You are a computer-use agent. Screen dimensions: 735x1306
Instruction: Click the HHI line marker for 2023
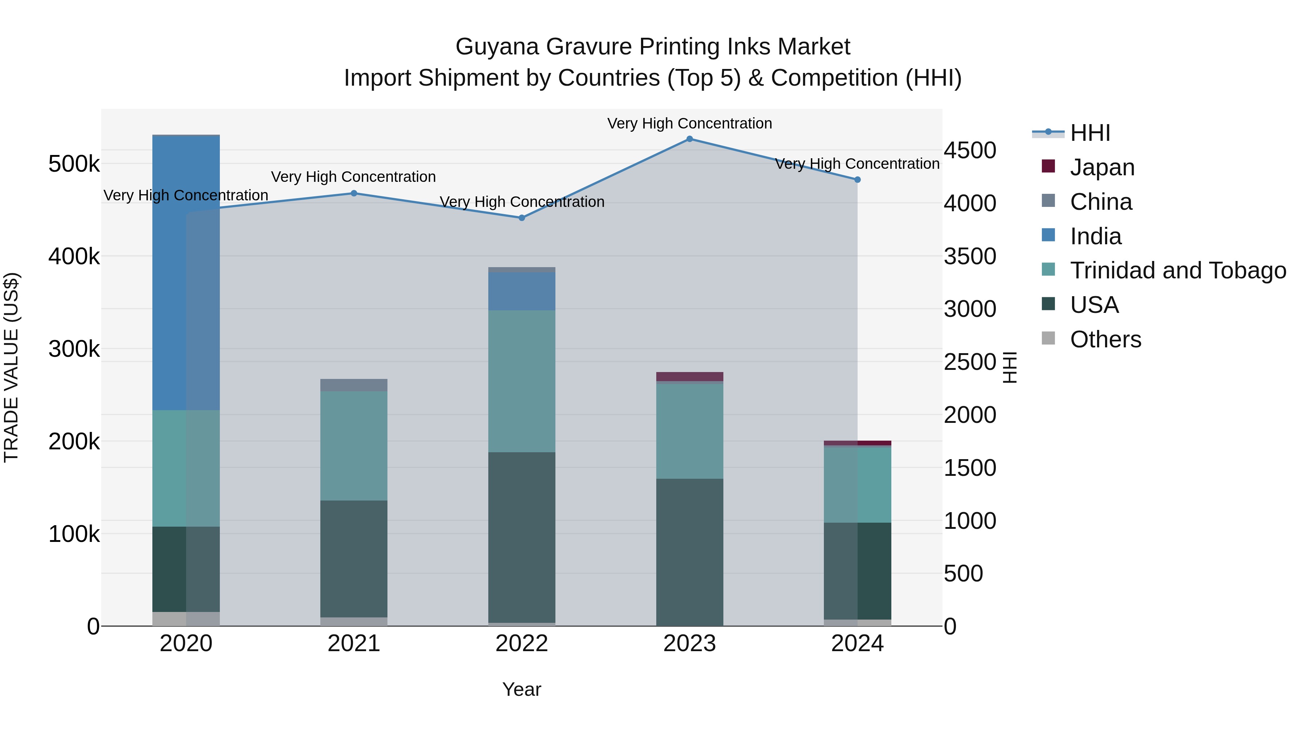pyautogui.click(x=690, y=139)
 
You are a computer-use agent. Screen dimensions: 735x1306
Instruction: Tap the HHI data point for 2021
pyautogui.click(x=354, y=193)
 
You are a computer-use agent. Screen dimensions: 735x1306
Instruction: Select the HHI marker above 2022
pyautogui.click(x=522, y=218)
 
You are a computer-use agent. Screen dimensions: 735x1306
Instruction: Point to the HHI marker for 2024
pyautogui.click(x=857, y=180)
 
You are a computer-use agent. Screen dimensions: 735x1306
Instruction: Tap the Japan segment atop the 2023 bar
pyautogui.click(x=690, y=376)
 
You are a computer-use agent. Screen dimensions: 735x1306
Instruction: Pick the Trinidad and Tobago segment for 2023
pyautogui.click(x=690, y=431)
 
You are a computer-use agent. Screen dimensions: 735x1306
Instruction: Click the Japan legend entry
pyautogui.click(x=1102, y=167)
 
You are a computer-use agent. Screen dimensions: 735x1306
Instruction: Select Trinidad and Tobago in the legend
pyautogui.click(x=1178, y=270)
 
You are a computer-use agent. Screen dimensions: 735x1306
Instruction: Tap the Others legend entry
pyautogui.click(x=1105, y=339)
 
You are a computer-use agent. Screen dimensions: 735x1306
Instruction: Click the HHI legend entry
pyautogui.click(x=1090, y=133)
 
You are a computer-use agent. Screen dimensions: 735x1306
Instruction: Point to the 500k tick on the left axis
pyautogui.click(x=74, y=164)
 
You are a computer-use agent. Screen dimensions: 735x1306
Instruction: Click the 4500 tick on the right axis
pyautogui.click(x=969, y=150)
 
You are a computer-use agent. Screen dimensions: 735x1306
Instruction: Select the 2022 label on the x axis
pyautogui.click(x=522, y=644)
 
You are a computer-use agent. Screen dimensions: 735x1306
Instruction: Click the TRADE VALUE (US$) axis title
pyautogui.click(x=11, y=367)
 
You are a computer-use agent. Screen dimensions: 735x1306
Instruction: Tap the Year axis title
pyautogui.click(x=522, y=689)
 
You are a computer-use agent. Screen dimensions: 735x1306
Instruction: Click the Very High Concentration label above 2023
pyautogui.click(x=690, y=123)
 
